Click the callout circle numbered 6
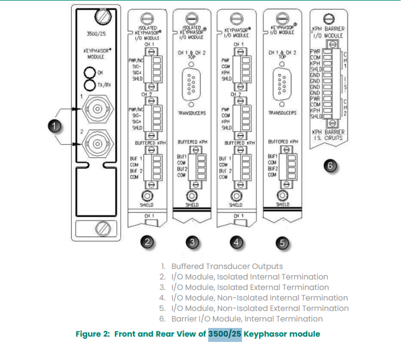[x=330, y=166]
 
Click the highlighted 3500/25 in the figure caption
[x=225, y=334]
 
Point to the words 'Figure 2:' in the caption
[x=93, y=334]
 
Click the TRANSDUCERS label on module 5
[x=284, y=113]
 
